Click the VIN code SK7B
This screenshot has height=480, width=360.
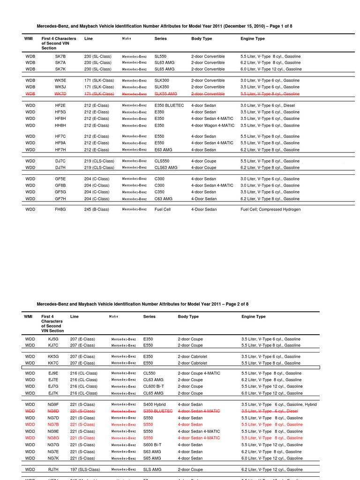(60, 56)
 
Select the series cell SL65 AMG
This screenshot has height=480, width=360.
(164, 69)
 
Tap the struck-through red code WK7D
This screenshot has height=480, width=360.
(60, 94)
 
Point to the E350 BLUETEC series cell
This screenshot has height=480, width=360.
(170, 105)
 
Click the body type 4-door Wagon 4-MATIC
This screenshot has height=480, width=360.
(212, 126)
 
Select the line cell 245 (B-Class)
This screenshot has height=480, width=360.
(98, 210)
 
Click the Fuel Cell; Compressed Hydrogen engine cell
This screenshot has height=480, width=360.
(270, 210)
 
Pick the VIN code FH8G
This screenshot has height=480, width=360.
(60, 210)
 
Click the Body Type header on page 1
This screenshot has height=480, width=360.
(202, 38)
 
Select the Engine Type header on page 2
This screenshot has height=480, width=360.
(254, 317)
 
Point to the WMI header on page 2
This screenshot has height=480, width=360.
(29, 317)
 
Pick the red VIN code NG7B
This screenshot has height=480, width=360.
(53, 425)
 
